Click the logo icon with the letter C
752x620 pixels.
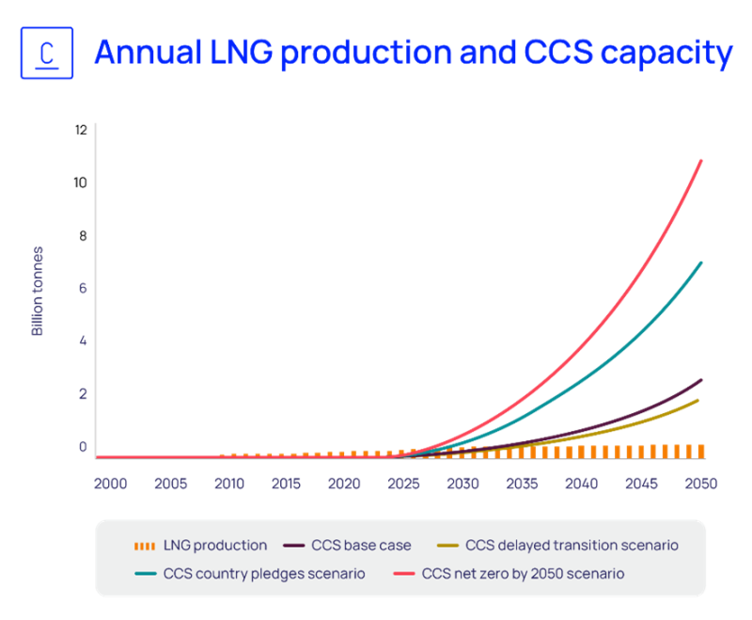47,54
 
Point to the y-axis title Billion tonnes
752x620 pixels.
39,291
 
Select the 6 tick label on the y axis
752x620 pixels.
83,289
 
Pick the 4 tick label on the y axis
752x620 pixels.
83,341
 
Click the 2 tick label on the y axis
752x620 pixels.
83,393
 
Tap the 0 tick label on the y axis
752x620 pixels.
83,447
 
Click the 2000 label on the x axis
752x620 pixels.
110,484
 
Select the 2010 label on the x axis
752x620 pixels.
228,484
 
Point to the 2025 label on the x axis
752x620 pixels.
403,484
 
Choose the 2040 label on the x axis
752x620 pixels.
582,484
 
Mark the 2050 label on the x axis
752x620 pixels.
701,484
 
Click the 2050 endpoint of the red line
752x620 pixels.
701,161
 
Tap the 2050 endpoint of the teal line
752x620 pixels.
701,262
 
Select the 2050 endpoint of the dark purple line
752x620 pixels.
701,379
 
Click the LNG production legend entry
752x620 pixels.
201,545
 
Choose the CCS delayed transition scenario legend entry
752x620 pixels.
558,545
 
